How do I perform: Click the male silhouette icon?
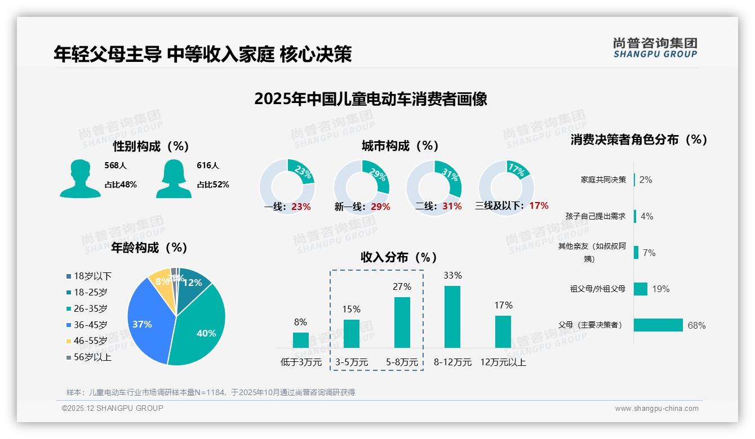[x=80, y=180]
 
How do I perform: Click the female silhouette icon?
[x=174, y=180]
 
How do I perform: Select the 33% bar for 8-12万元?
[x=452, y=316]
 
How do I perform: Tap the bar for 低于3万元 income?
[x=300, y=340]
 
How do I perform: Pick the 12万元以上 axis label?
[x=503, y=362]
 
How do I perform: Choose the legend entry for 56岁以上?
[x=92, y=357]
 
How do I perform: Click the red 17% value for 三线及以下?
[x=539, y=206]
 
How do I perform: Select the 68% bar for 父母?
[x=658, y=325]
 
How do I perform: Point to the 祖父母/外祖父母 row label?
[x=597, y=289]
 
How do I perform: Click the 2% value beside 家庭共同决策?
[x=646, y=180]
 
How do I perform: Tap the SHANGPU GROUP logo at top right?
[x=655, y=48]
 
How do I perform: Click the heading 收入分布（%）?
[x=399, y=257]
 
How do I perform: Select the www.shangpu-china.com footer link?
[x=656, y=408]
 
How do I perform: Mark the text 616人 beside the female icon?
[x=207, y=165]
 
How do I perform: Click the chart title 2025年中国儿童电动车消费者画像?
[x=370, y=99]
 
